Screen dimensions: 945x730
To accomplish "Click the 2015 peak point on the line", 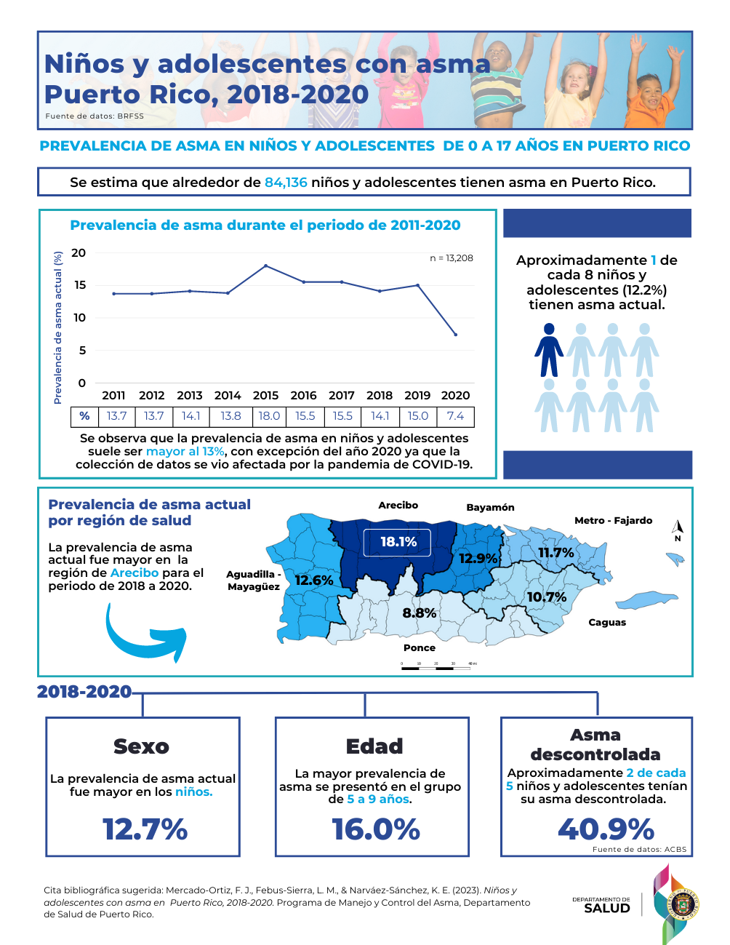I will pos(265,266).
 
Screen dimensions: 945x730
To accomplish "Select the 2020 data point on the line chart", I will pos(456,335).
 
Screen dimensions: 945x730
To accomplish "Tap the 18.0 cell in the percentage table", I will pos(269,416).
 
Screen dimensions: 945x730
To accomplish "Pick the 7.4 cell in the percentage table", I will pos(456,416).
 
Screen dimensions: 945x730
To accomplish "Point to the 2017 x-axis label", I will pos(342,396).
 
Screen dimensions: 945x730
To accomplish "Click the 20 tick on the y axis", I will pos(79,253).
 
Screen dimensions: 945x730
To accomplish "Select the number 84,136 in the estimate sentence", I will pos(286,183).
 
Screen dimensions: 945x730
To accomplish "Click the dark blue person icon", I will pos(549,350).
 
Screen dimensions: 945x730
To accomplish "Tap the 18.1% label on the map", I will pos(398,542).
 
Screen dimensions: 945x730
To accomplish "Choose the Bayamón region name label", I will pos(490,508).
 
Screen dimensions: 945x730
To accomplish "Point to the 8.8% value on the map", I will pos(420,613).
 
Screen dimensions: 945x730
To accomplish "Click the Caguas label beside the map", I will pos(607,623).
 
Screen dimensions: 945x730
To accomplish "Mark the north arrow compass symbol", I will pos(678,529).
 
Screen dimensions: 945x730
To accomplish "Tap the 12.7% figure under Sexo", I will pos(145,829).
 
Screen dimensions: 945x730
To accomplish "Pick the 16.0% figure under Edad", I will pos(376,829).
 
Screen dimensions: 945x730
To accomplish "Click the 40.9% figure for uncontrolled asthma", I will pos(606,829).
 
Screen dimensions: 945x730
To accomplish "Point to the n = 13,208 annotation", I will pos(452,258).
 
